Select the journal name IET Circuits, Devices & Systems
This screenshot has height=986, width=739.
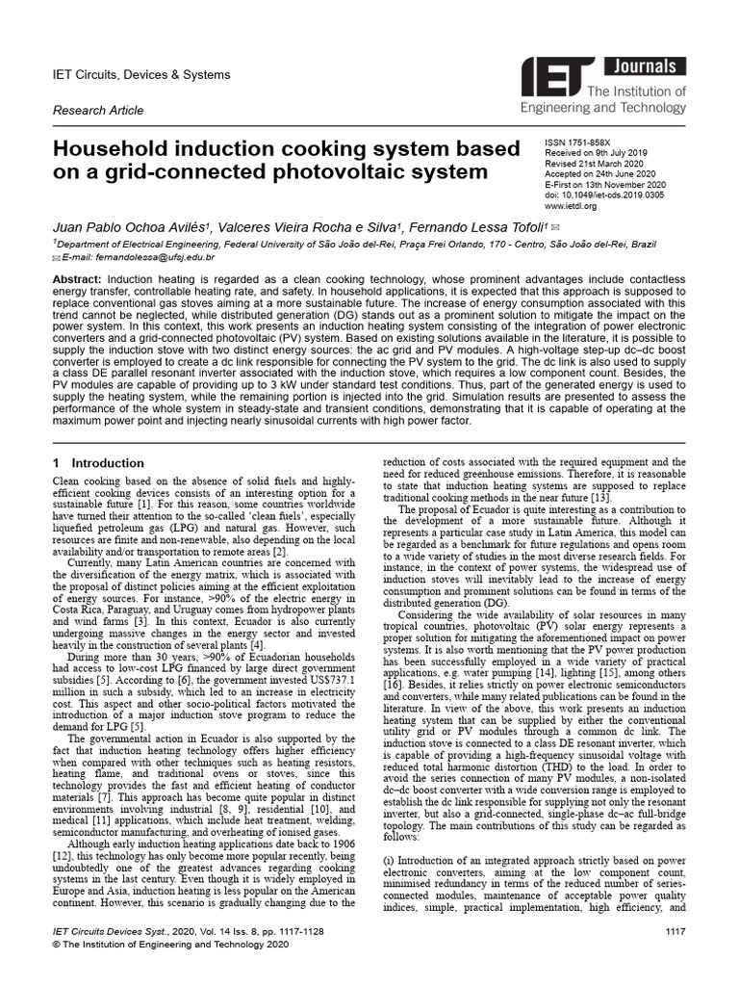(147, 74)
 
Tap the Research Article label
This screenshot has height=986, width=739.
(98, 111)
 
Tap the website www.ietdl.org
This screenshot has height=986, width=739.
(571, 205)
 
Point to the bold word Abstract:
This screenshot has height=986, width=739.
(80, 278)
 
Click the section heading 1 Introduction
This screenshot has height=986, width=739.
(98, 463)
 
